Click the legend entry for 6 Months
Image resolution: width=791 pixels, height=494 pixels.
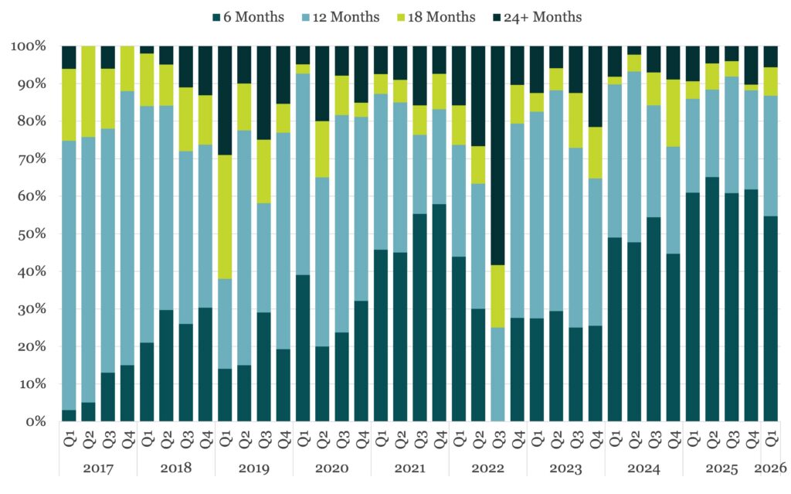247,16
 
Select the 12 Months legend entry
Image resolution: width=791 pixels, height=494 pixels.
341,16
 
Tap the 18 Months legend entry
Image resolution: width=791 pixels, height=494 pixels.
438,16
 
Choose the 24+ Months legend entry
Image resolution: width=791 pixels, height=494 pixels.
537,16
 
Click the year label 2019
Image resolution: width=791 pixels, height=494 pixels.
254,468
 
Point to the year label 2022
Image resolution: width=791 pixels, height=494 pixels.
488,468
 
